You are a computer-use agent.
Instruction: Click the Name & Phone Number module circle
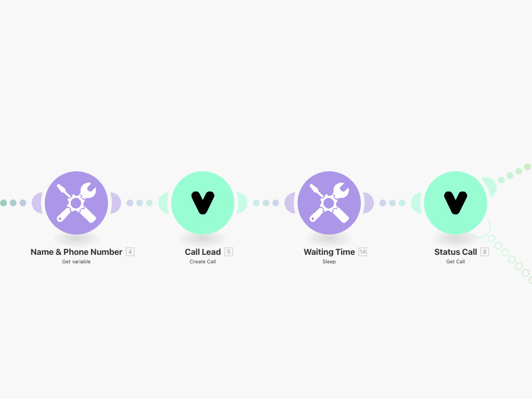click(x=76, y=203)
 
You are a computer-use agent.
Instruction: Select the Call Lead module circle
click(x=203, y=203)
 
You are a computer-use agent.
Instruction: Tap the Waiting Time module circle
click(x=329, y=203)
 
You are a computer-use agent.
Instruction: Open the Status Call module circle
click(x=456, y=203)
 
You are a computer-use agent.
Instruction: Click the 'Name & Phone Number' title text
click(x=76, y=252)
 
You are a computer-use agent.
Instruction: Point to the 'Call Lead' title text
click(x=203, y=252)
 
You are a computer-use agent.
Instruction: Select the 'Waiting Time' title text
click(x=329, y=252)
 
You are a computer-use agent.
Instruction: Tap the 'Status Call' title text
click(x=456, y=252)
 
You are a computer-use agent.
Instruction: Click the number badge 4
click(x=130, y=252)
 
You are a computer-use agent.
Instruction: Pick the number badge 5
click(x=229, y=252)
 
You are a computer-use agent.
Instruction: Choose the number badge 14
click(x=363, y=252)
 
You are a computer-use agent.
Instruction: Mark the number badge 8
click(x=485, y=252)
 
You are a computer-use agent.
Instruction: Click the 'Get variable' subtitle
click(x=76, y=262)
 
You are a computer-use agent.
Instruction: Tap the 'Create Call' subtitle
click(x=203, y=262)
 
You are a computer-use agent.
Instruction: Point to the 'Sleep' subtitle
click(x=329, y=262)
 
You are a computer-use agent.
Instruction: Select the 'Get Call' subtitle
click(x=456, y=262)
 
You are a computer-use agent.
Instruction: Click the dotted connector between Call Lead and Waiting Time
click(x=266, y=203)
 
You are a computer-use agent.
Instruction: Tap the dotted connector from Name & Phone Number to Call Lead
click(x=139, y=203)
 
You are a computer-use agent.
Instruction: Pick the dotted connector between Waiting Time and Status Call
click(x=392, y=203)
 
